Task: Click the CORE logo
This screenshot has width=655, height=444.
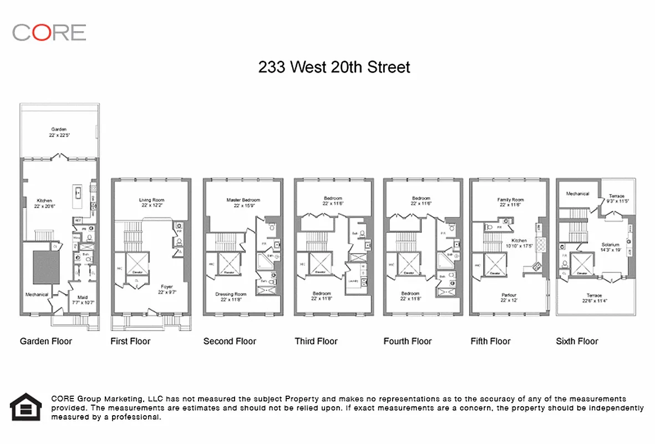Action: [49, 32]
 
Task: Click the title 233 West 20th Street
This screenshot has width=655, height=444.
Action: [334, 67]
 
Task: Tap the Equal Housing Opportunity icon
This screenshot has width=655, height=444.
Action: [26, 407]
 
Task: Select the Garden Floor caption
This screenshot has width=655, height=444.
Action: [46, 341]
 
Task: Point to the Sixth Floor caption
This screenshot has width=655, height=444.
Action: [577, 341]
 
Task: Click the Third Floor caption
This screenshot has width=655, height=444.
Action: [316, 341]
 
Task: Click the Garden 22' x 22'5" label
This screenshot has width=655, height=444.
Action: [59, 132]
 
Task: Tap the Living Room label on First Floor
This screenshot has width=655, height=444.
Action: [151, 203]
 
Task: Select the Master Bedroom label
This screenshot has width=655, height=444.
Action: [243, 203]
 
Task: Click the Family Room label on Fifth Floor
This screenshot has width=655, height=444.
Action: [510, 203]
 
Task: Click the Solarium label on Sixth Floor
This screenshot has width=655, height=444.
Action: [610, 247]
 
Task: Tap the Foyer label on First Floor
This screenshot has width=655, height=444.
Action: [167, 289]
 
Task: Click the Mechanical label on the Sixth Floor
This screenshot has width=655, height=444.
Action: [577, 194]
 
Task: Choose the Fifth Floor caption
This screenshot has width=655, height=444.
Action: [491, 341]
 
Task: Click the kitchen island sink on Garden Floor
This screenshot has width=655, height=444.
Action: [78, 194]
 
